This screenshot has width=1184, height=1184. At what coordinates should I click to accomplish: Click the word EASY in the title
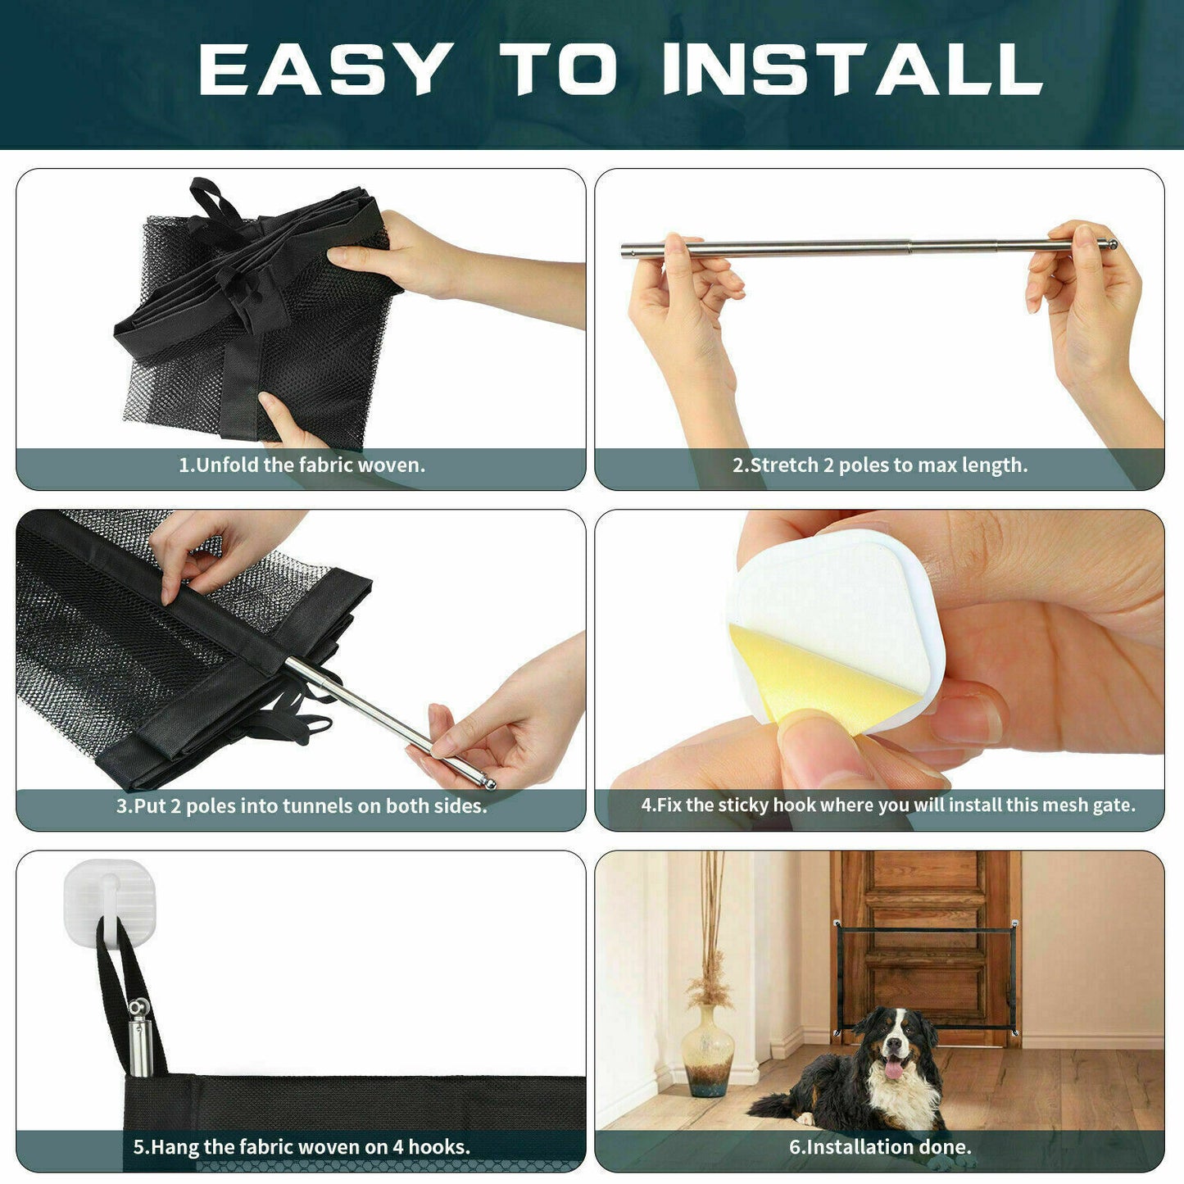[325, 70]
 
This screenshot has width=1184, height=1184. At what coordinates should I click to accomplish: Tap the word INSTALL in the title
[852, 70]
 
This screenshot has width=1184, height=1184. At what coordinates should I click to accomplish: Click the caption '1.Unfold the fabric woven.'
[302, 465]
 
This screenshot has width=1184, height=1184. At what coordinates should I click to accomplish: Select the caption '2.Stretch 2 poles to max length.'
[879, 465]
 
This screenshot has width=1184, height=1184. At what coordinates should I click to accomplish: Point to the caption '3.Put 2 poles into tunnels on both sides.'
[302, 806]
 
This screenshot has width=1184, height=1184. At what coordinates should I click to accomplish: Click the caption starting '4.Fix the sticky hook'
[887, 805]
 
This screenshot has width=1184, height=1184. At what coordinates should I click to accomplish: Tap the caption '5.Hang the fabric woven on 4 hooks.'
[302, 1147]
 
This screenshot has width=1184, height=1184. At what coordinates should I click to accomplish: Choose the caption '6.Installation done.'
[880, 1147]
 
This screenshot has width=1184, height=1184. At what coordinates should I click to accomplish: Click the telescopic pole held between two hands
[869, 246]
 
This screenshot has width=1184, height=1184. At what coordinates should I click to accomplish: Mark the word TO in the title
[559, 70]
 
